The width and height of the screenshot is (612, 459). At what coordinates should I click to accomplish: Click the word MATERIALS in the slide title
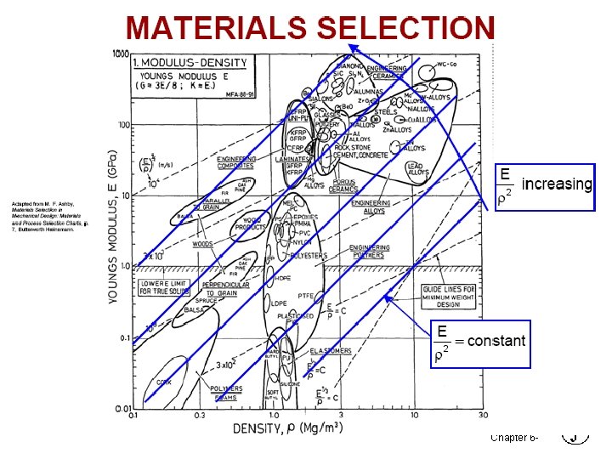pos(216,28)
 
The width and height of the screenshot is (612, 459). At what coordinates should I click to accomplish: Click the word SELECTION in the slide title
pos(405,28)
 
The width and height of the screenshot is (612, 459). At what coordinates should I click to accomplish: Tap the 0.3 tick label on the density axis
pos(199,416)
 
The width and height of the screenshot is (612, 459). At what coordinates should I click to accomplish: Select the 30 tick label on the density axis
pos(484,416)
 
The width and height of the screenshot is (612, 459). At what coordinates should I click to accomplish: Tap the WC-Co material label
pos(448,65)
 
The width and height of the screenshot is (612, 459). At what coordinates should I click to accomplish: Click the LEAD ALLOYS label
pos(417,169)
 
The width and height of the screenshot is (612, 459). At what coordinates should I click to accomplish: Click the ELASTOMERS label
pos(331,349)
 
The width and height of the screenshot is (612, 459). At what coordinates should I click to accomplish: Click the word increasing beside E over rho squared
pos(556,184)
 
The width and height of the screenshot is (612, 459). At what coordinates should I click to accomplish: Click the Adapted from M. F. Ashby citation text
pos(48,217)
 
